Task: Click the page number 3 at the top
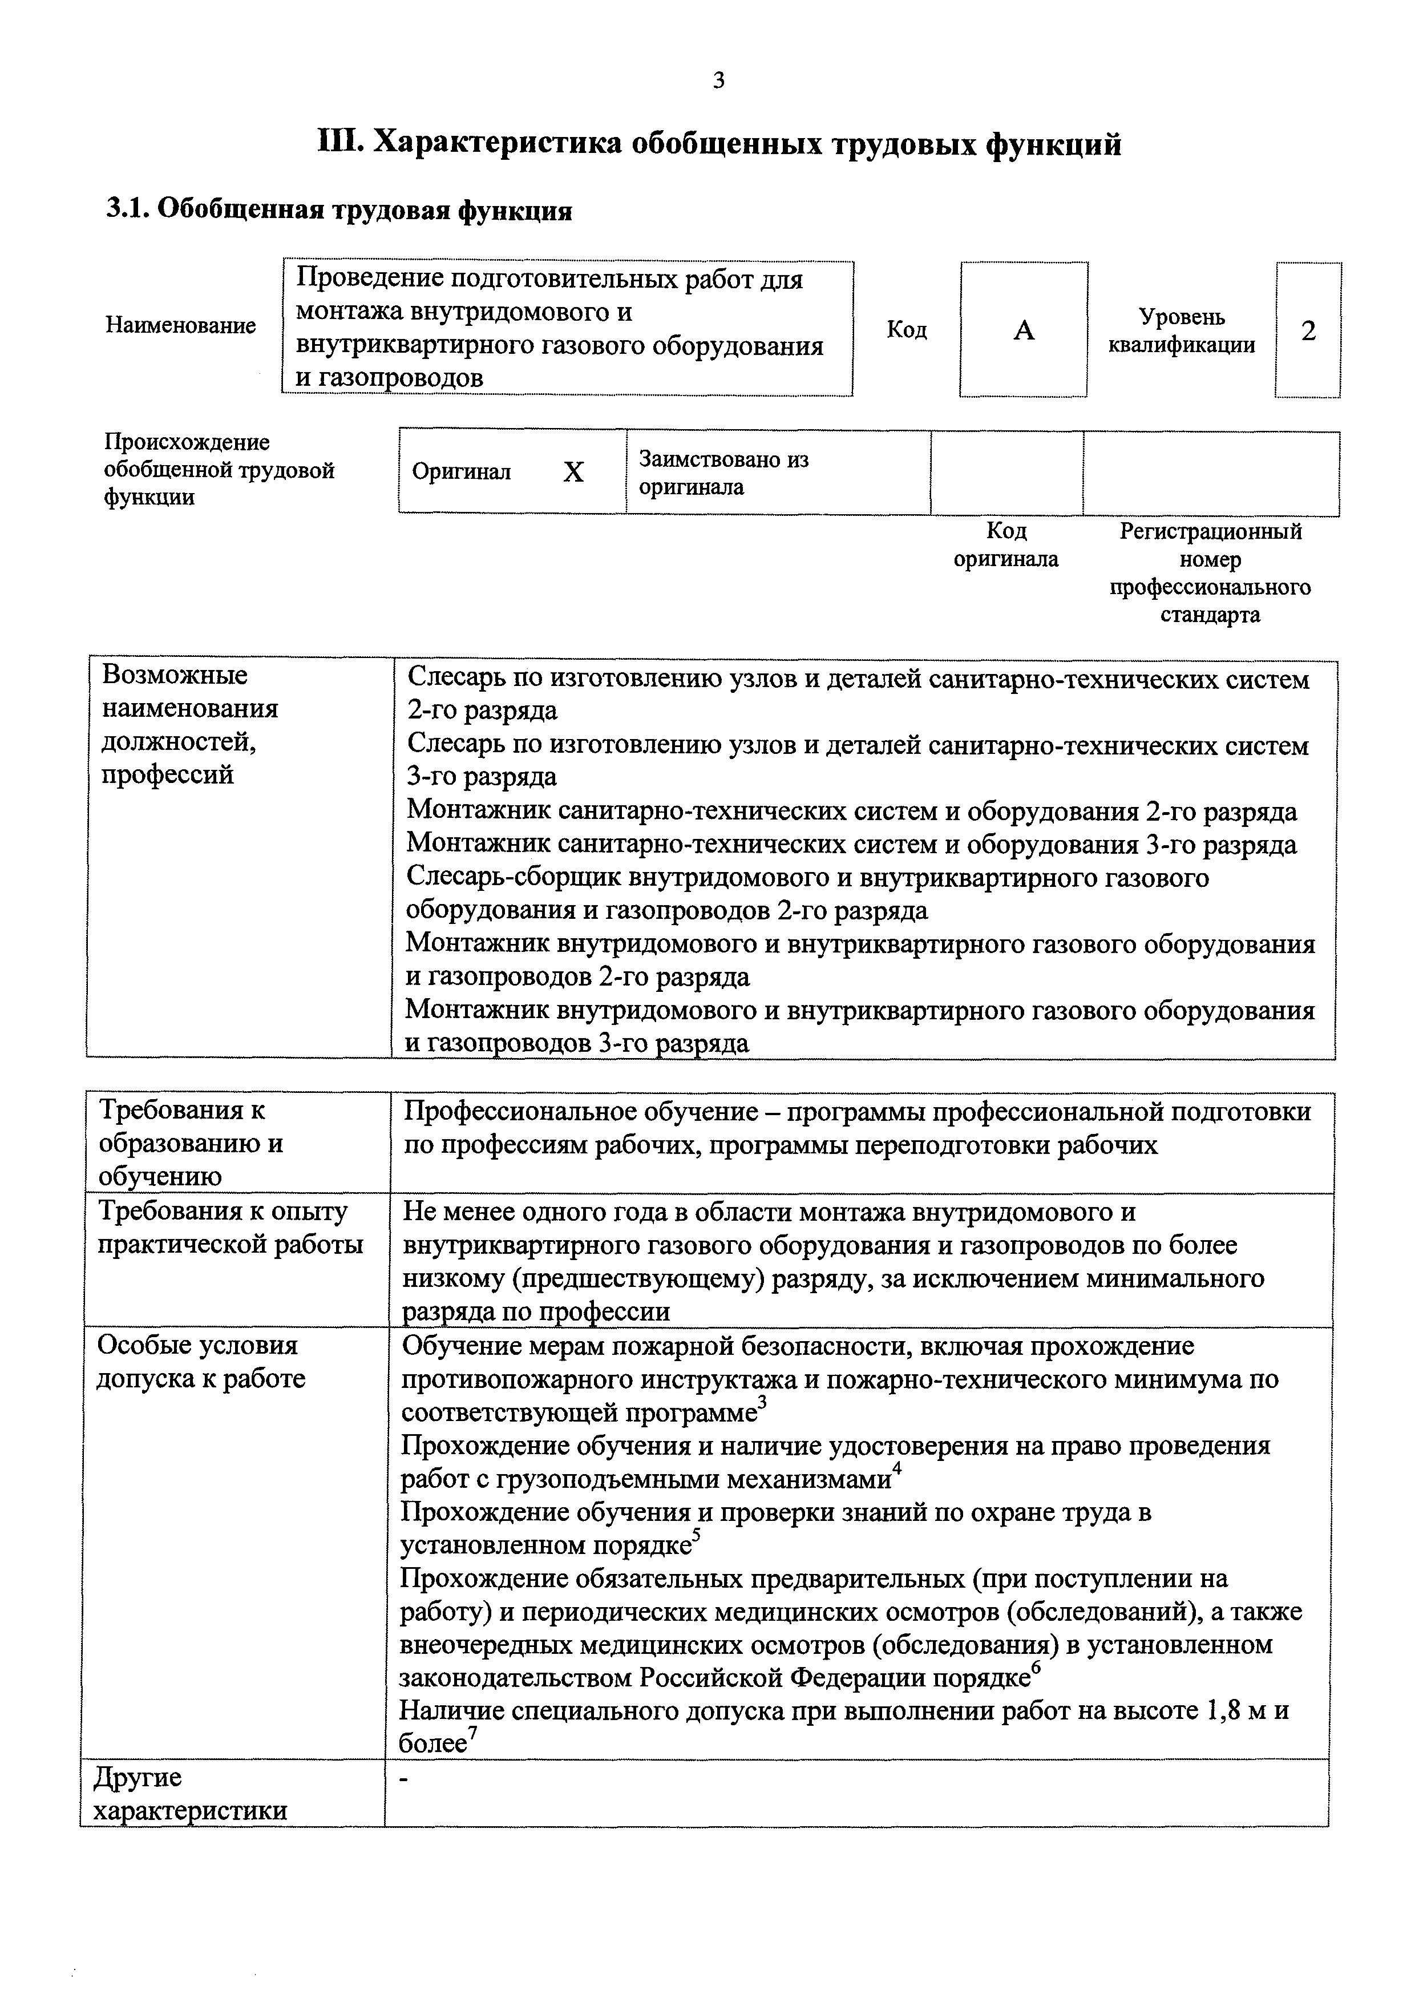tap(718, 81)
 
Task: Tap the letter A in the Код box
tap(1024, 330)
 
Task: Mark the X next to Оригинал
tap(573, 473)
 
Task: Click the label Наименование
tap(180, 325)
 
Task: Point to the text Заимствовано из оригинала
tap(723, 473)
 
